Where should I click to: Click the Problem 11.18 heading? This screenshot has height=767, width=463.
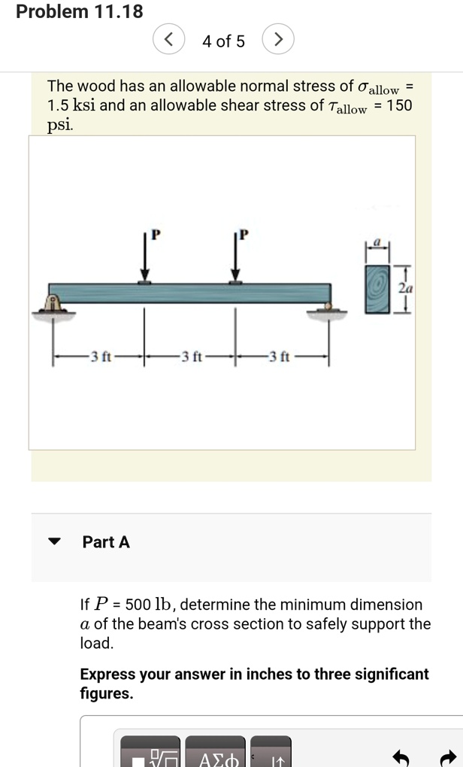click(79, 12)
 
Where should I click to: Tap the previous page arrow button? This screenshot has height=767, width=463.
click(169, 41)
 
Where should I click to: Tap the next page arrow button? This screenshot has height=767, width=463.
click(278, 41)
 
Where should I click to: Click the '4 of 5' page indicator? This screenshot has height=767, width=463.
click(223, 41)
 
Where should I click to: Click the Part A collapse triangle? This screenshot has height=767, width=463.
click(54, 541)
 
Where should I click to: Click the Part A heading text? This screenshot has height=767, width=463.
click(106, 541)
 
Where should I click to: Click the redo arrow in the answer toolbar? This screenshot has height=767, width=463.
click(449, 756)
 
